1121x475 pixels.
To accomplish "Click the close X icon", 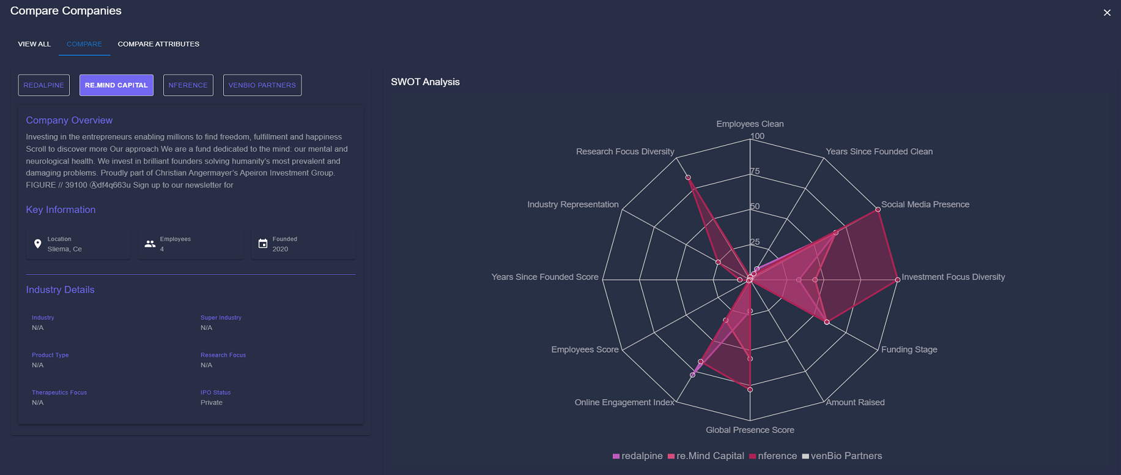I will [1107, 13].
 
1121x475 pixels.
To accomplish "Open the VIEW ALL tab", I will [34, 44].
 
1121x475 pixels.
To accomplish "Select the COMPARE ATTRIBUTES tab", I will [158, 44].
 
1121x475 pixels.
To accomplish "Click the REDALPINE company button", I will [44, 85].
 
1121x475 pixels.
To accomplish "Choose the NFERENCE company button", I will [188, 85].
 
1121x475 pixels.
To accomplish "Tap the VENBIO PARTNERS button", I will [262, 85].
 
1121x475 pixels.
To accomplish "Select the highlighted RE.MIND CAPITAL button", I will [116, 85].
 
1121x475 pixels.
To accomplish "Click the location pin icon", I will [38, 244].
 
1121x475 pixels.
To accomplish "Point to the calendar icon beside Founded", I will [263, 244].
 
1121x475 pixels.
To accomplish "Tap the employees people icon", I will [150, 244].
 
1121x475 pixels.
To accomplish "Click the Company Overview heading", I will [69, 121].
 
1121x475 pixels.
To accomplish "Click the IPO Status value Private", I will [212, 403].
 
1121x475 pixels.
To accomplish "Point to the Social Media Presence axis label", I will [925, 204].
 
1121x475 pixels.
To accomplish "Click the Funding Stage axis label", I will [909, 350].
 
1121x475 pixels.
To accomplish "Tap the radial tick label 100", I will [757, 137].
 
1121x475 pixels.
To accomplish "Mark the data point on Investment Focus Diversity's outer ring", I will [898, 280].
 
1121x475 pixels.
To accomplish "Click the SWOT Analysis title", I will [425, 82].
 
